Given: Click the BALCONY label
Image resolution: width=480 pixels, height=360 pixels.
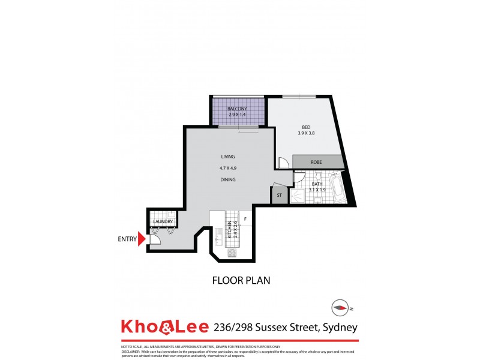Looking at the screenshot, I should [238, 109].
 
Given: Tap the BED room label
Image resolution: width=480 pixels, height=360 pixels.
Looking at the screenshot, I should [305, 127].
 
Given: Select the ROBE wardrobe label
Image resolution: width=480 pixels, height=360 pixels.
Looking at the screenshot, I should [317, 162].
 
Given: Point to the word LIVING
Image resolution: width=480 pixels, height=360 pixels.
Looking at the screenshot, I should [227, 157].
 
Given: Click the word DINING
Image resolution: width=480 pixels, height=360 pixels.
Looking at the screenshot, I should [227, 179].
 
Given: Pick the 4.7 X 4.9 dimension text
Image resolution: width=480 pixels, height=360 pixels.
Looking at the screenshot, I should [227, 168].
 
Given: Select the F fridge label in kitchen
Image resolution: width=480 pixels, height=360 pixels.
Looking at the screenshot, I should [245, 219].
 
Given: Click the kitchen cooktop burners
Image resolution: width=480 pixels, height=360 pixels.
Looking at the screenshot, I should [232, 253].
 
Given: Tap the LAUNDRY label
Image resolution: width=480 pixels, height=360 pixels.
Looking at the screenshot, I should [163, 222].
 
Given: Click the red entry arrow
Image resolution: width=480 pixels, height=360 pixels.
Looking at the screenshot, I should [142, 239].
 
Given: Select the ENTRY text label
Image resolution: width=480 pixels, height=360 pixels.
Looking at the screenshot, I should [127, 239].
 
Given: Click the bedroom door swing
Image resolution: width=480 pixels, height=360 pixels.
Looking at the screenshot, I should [283, 162].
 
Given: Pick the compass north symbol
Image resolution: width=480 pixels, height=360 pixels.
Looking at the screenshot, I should [340, 308].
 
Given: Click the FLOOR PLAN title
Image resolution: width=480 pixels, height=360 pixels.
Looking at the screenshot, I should [239, 280].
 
